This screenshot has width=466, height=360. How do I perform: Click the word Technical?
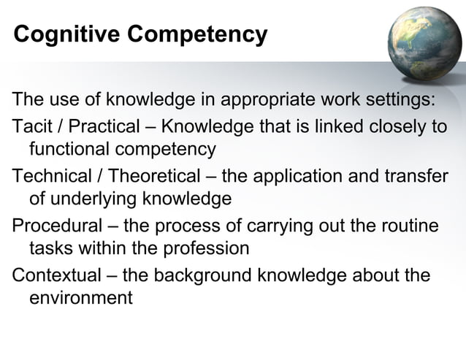point(50,175)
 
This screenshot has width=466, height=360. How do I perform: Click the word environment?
point(80,299)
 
